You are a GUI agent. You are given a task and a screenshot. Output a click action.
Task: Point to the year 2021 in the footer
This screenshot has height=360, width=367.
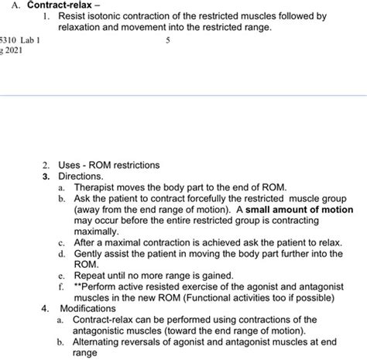[x=15, y=52]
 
